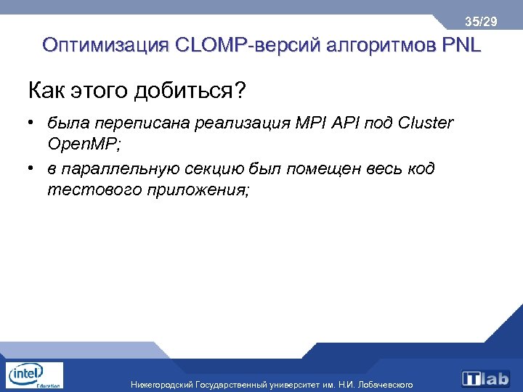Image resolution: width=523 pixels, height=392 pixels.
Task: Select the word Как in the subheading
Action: [46, 91]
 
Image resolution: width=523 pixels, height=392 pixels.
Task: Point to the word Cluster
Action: [424, 123]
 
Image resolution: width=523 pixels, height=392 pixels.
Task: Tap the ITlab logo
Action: [487, 377]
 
